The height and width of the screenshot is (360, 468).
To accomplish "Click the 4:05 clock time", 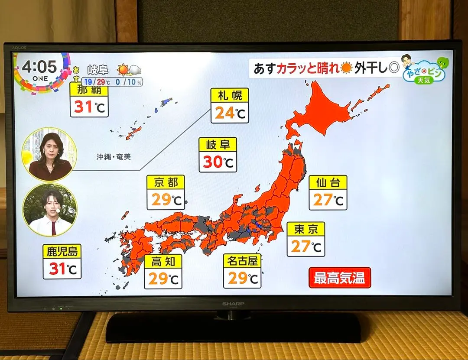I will click(x=39, y=67).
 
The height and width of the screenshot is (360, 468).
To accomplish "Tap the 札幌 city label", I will click(x=230, y=95).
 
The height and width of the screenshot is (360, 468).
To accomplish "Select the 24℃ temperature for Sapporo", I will click(x=230, y=113).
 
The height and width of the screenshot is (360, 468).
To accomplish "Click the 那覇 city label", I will click(x=89, y=90).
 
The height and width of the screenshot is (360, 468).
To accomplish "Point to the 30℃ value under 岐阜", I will click(x=218, y=162).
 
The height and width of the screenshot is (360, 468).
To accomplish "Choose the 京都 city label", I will click(x=166, y=182).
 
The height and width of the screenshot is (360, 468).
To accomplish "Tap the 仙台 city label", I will click(x=328, y=182).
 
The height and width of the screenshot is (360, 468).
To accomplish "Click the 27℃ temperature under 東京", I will click(x=306, y=246).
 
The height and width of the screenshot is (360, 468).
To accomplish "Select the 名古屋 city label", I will click(x=242, y=260).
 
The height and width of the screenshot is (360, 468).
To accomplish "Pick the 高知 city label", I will click(x=163, y=261).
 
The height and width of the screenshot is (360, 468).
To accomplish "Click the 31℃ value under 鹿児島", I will click(x=62, y=269).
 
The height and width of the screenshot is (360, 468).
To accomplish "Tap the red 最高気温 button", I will click(x=340, y=278).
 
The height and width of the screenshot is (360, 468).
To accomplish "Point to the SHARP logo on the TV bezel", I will click(x=233, y=304).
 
